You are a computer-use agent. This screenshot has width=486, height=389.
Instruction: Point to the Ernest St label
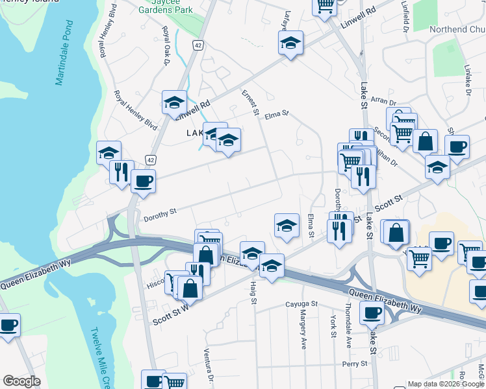(x=250, y=103)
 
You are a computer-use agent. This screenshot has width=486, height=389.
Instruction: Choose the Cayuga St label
(x=301, y=303)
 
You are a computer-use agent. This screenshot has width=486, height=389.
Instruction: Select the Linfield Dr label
(x=405, y=19)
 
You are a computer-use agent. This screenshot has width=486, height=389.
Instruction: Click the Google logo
(x=22, y=381)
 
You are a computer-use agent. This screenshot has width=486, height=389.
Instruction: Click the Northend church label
(x=457, y=30)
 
